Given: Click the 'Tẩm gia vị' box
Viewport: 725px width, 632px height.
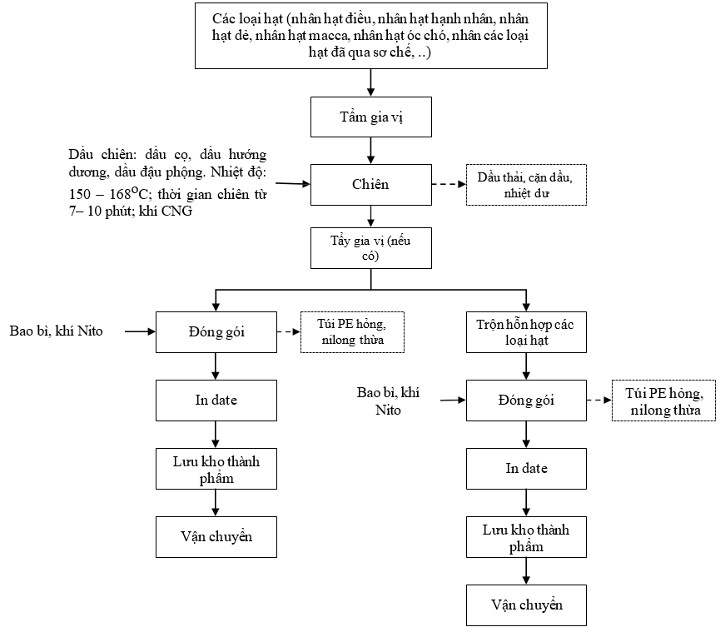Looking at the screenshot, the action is pos(370,117).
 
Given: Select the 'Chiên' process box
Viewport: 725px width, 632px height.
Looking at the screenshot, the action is pos(370,185).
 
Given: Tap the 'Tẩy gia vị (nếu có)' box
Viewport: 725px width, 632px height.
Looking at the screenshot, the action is pos(370,248).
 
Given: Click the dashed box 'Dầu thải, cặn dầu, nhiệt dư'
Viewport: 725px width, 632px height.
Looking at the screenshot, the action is pos(526,185).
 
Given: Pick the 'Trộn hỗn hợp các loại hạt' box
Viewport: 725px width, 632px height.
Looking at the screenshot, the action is pos(526,332).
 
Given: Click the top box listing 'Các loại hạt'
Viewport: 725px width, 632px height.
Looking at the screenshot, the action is pos(370,36).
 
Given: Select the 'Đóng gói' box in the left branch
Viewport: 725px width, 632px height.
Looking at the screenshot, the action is pos(216,332).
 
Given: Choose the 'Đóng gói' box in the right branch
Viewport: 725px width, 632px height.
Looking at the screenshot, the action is pos(526,401).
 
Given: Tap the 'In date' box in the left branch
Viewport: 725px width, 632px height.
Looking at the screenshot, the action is pos(216,401).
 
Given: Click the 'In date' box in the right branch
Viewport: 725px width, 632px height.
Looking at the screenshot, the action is pos(526,469).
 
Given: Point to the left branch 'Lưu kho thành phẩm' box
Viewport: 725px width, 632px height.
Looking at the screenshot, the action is pos(216,469).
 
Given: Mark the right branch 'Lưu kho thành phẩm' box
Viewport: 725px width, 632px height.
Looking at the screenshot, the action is pos(526,537).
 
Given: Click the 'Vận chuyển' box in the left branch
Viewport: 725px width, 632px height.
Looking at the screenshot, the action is pos(216,537).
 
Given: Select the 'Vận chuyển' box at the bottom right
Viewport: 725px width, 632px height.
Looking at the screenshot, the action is pos(526,605).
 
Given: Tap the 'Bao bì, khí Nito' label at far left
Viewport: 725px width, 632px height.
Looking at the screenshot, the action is pos(56,331).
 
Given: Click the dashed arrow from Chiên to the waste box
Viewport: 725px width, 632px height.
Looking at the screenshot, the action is pos(449,184).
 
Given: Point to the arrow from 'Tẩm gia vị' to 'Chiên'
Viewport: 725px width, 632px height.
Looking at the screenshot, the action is pos(370,151).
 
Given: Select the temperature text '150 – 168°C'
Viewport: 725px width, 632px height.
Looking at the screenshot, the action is pos(109,193).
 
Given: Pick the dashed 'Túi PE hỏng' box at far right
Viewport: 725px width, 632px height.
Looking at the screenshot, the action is pos(663,401).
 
